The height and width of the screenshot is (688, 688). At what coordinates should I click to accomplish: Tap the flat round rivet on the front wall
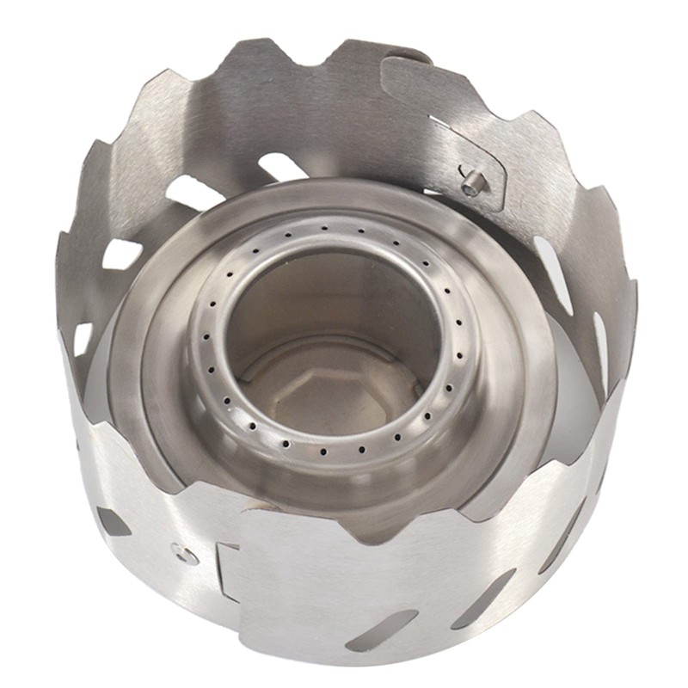(181, 551)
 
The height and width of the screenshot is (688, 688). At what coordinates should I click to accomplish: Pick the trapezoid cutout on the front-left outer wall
(113, 521)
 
